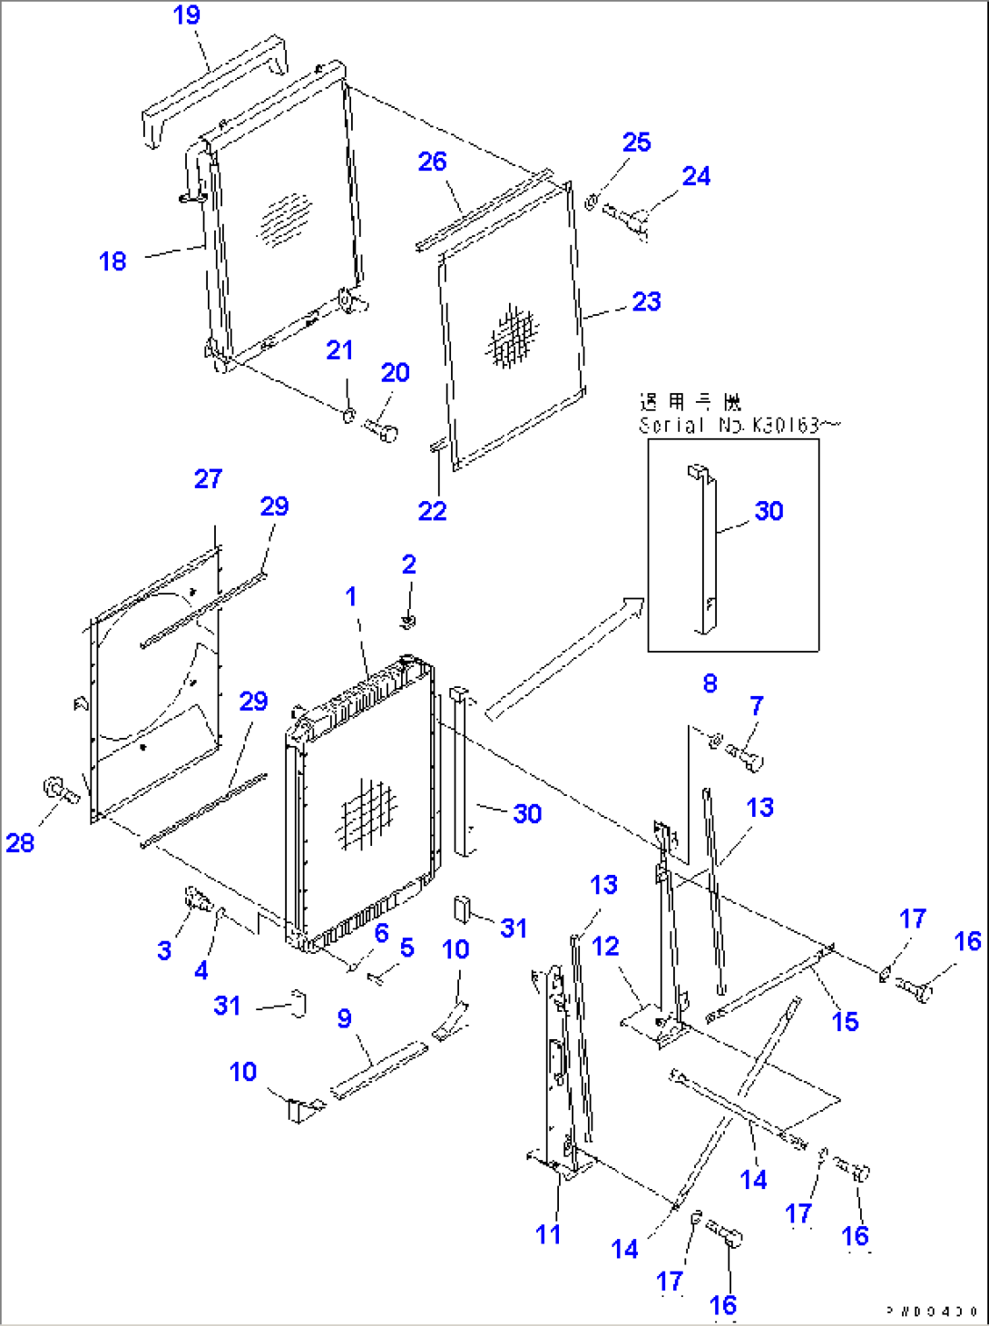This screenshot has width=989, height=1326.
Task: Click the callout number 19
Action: [187, 15]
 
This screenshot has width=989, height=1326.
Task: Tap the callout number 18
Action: [113, 261]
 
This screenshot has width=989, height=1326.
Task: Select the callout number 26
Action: [432, 162]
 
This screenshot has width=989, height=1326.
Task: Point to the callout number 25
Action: [636, 142]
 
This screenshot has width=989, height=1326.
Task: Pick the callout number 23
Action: [646, 301]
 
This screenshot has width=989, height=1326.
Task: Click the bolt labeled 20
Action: [381, 429]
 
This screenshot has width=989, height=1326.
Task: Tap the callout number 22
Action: [432, 511]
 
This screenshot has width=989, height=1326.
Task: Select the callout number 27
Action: [208, 479]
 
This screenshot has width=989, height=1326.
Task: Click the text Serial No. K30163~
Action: [739, 425]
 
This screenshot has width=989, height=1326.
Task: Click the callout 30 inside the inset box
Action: [769, 511]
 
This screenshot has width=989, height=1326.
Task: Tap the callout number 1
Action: [351, 596]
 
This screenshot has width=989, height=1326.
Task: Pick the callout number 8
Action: [710, 683]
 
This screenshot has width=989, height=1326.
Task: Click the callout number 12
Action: [605, 947]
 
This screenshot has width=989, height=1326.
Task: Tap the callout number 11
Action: [548, 1234]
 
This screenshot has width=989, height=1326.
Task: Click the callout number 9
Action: [345, 1018]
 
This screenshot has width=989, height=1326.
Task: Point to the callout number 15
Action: [845, 1022]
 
